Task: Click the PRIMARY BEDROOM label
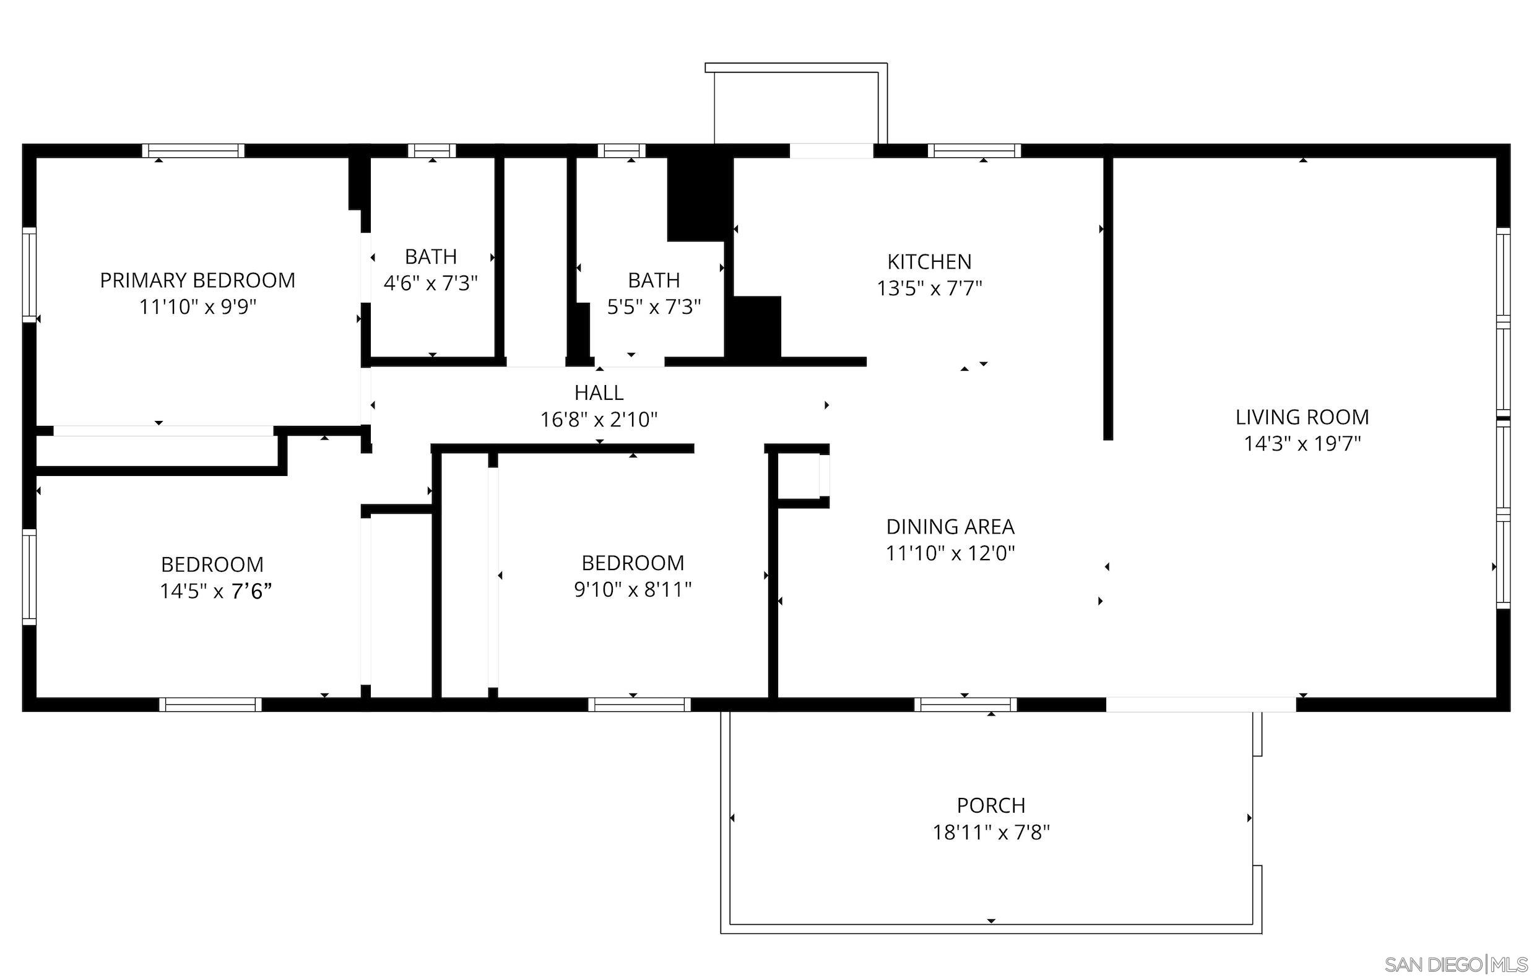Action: (x=197, y=280)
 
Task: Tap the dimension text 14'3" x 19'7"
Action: (x=1302, y=444)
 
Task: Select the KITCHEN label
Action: (x=929, y=262)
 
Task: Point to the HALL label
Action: (x=599, y=392)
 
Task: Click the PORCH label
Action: (x=990, y=805)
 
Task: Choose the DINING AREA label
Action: (x=950, y=527)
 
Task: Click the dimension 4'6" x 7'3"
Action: (x=431, y=283)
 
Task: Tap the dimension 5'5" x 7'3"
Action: (x=654, y=308)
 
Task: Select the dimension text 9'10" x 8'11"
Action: (x=633, y=590)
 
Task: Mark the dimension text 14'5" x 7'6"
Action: (x=215, y=592)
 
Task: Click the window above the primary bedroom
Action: (x=193, y=151)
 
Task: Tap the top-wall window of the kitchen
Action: (x=974, y=151)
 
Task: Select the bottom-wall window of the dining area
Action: (x=965, y=704)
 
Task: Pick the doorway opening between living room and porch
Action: (x=1201, y=704)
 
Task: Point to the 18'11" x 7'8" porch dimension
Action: (x=990, y=833)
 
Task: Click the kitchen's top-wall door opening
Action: (x=831, y=151)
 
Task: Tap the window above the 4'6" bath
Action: (x=432, y=151)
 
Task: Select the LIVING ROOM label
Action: (x=1302, y=417)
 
